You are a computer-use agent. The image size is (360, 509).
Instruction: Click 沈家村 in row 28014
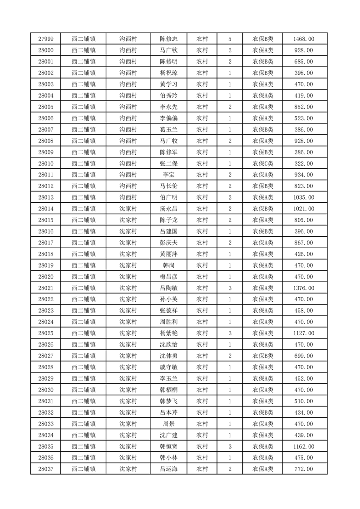(x=128, y=209)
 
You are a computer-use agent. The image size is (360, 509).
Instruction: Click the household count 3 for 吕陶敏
(x=230, y=288)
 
